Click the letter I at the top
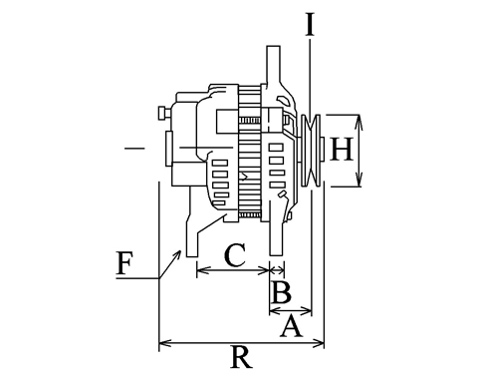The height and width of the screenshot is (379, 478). [x=310, y=24]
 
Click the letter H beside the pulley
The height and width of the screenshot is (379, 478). [x=341, y=150]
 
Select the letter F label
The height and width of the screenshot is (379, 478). [x=124, y=263]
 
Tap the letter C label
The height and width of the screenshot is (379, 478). [x=235, y=255]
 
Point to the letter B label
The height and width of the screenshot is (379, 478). [x=281, y=292]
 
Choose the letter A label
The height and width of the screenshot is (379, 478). [x=292, y=326]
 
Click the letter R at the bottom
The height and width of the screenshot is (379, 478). [x=241, y=357]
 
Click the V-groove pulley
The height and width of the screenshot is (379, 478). [x=311, y=151]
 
